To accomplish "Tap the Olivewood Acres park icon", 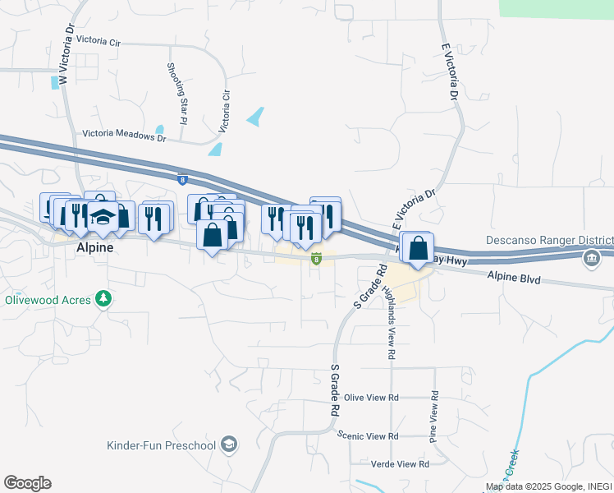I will pos(103,297).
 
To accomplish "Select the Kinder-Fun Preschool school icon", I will pos(231,445).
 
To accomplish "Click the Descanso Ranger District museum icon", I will pos(591,260).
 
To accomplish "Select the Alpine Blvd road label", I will pos(513,279).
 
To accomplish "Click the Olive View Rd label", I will pos(371,398).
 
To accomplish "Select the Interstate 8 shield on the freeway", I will pos(181,178).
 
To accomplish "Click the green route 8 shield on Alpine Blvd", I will pos(316,260).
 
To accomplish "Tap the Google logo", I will pos(27,483).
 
